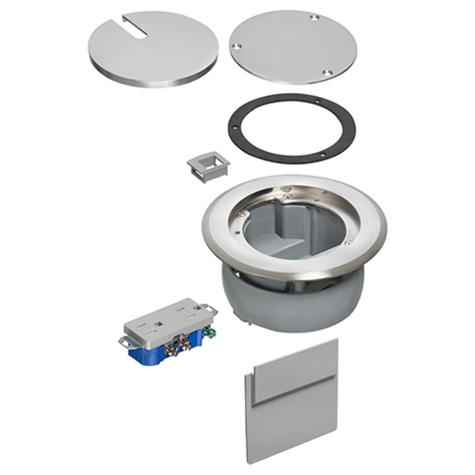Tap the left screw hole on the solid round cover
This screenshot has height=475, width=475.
(234, 45)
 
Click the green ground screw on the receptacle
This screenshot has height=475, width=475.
(201, 333)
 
